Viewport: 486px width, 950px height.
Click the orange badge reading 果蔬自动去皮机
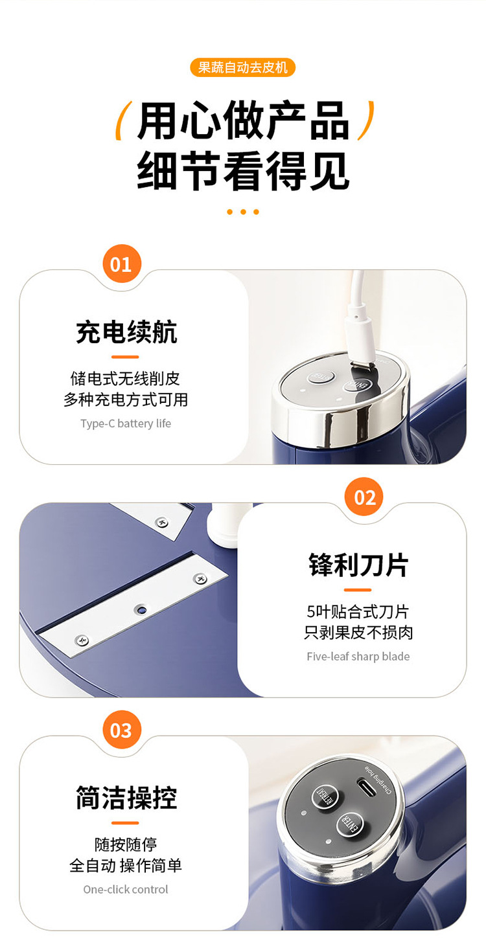242,67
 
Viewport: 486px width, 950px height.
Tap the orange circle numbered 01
121,264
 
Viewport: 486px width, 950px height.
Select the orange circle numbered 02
365,497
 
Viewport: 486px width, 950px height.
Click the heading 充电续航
126,332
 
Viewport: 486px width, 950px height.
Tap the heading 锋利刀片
358,565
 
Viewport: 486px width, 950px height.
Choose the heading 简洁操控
126,798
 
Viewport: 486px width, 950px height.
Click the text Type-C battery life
126,424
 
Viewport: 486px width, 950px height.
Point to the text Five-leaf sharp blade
358,657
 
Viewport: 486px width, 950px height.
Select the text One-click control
126,889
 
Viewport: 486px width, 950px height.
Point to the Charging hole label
379,779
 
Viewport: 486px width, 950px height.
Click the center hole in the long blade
141,610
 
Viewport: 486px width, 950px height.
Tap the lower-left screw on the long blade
82,639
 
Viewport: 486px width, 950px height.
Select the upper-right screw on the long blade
200,578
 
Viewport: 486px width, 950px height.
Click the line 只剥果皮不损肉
358,633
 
